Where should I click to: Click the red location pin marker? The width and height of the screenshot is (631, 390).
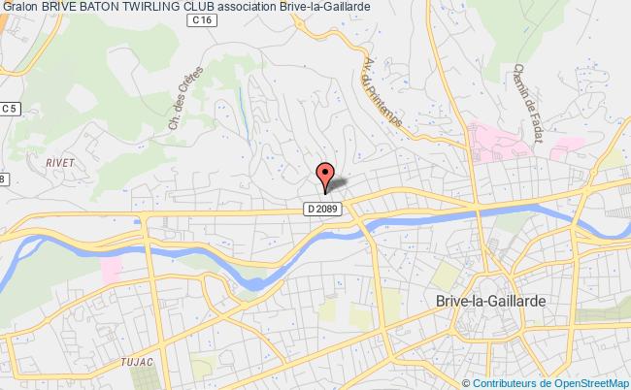[324, 175]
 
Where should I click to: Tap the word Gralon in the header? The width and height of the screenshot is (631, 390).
[19, 8]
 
